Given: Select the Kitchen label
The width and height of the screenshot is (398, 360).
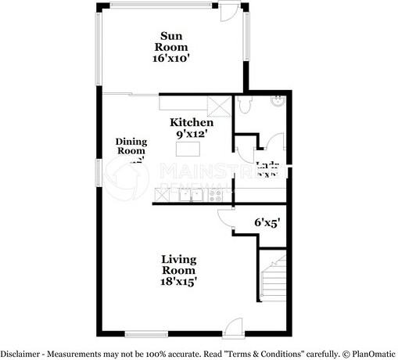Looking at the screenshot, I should click(x=192, y=123).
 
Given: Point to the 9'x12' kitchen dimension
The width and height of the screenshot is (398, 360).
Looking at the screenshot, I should click(x=192, y=134).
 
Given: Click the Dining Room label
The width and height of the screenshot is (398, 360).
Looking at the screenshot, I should click(x=131, y=146).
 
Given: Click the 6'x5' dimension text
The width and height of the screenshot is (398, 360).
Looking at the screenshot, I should click(x=267, y=222).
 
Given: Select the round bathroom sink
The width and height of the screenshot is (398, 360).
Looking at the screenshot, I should click(x=277, y=100).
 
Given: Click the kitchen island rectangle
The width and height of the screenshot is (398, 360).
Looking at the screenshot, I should click(x=187, y=148).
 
